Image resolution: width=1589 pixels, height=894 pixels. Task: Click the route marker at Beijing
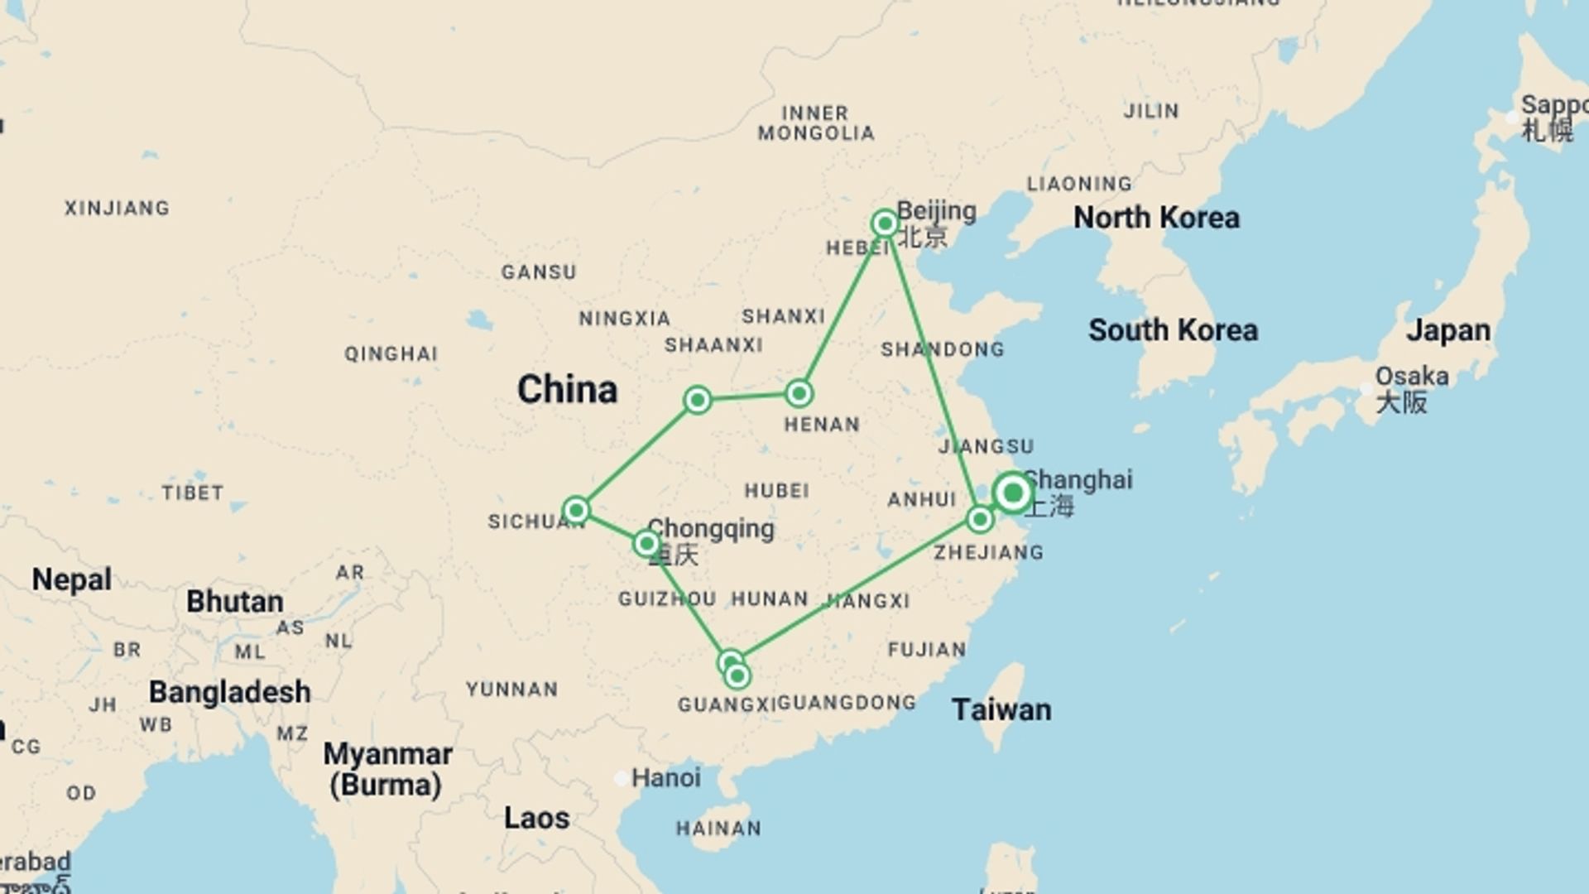pos(885,223)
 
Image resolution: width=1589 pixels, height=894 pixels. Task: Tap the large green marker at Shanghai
pos(1012,493)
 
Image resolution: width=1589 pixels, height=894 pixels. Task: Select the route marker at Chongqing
pos(646,544)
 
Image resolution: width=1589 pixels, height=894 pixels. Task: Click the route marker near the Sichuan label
pos(576,510)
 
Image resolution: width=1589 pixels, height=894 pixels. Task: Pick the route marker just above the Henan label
pos(799,393)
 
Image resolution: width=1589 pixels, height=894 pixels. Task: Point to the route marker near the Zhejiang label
pos(980,520)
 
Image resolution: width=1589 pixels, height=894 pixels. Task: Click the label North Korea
pos(1156,218)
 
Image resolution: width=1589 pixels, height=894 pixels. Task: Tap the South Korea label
pos(1173,330)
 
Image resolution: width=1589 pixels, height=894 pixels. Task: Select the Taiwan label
pos(1001,709)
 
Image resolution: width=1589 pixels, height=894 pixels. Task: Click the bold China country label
pos(567,389)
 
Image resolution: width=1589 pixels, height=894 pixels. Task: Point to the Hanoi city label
pos(665,777)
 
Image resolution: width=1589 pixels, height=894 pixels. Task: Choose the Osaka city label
pos(1411,377)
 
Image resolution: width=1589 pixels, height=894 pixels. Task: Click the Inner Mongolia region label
pos(815,123)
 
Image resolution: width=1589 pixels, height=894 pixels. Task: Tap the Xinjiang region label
pos(117,208)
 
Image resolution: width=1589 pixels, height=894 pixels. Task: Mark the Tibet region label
pos(192,493)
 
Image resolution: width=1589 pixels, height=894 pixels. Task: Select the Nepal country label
pos(71,579)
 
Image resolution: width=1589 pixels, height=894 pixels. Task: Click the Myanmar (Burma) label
pos(386,769)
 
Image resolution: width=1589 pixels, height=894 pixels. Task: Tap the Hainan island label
pos(718,829)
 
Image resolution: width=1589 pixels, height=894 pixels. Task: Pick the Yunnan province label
pos(511,690)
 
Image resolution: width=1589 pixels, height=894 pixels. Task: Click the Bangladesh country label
pos(229,692)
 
